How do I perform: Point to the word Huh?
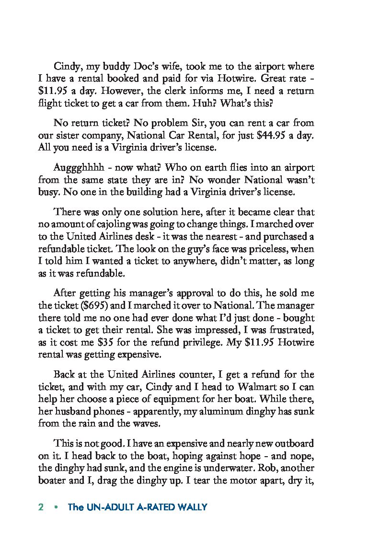click(x=231, y=103)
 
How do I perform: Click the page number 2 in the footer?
click(x=41, y=507)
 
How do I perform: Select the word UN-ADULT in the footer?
click(x=108, y=507)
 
